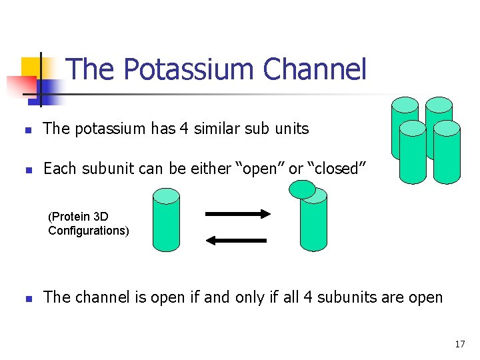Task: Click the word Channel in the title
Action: [315, 69]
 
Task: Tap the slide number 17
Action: [459, 344]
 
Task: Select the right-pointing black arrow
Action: [237, 214]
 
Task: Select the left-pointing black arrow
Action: [237, 239]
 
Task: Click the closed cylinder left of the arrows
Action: [166, 220]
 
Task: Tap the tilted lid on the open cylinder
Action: [302, 189]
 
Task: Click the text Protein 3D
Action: [79, 217]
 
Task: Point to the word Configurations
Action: [88, 231]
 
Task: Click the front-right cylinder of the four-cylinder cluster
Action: [447, 153]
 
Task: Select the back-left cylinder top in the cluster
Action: [405, 105]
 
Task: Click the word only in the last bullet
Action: [248, 297]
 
